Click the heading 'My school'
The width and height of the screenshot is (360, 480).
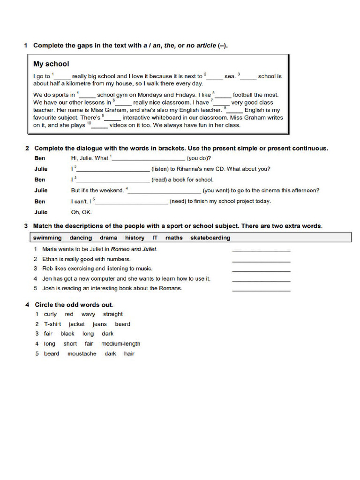coord(51,64)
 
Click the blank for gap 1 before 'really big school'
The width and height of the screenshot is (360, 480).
coord(63,76)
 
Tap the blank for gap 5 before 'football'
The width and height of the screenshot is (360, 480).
coord(223,95)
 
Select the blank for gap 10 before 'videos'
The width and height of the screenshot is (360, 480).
coord(100,126)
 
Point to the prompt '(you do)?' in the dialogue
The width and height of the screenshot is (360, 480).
coord(199,158)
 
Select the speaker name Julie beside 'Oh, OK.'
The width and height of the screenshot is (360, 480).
coord(41,212)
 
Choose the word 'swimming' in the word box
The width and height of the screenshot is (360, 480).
coord(47,238)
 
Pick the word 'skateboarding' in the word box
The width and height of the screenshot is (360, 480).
coord(210,238)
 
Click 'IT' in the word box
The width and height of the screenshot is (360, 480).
coord(155,238)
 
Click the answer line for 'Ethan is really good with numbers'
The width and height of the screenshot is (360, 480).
coord(261,261)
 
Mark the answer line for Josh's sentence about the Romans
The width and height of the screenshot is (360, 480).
coord(261,290)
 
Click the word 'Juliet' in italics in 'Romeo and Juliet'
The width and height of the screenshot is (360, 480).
coord(148,249)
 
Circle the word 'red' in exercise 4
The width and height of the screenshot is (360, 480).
coord(69,314)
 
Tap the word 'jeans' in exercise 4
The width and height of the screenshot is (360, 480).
coord(99,324)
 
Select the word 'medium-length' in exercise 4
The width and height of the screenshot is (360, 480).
coord(120,344)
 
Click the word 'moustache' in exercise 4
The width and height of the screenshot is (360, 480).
coord(82,353)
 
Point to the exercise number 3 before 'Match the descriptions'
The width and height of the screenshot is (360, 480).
coord(26,226)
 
